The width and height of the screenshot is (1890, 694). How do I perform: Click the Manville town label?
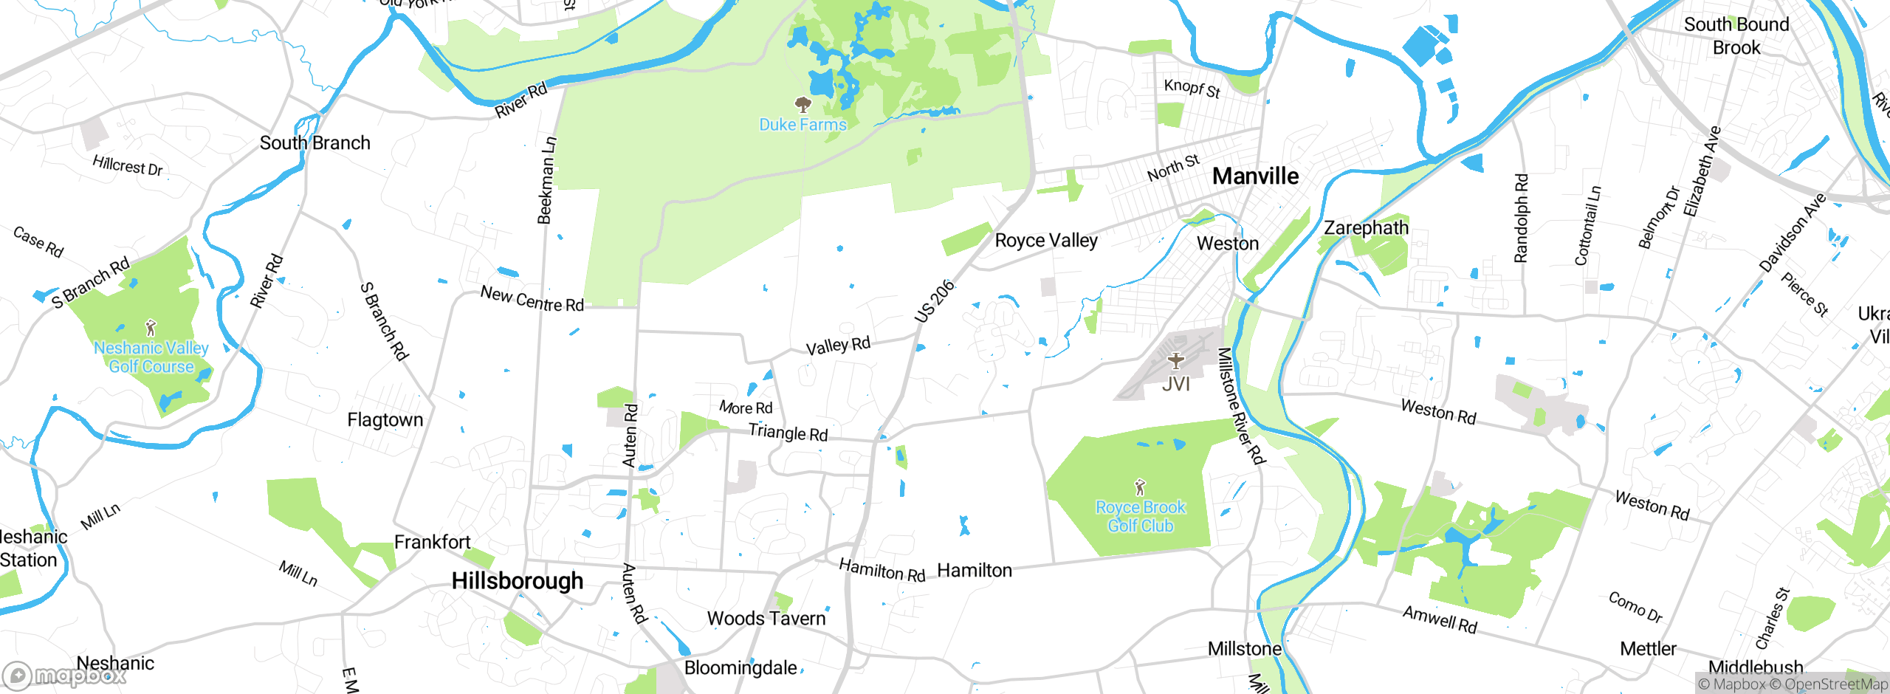point(1255,176)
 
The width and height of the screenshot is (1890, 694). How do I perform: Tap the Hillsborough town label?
point(517,581)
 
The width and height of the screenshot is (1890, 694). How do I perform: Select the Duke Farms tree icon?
point(803,104)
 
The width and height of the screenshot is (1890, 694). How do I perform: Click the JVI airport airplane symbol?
point(1175,361)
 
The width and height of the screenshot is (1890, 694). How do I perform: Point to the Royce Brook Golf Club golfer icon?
point(1140,487)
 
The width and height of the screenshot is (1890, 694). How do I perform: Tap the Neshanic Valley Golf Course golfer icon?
point(151,327)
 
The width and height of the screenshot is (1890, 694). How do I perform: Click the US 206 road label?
point(934,302)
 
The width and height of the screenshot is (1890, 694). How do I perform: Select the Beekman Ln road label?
point(546,180)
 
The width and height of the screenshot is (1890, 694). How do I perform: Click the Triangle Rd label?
point(788,433)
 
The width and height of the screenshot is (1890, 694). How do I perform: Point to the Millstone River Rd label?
point(1240,406)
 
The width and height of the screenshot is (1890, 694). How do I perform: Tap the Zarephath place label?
point(1366,228)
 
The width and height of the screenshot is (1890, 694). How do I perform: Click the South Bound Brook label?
point(1736,35)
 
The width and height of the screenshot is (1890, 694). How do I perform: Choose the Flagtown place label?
point(385,420)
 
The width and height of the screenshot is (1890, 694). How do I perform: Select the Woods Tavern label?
point(766,619)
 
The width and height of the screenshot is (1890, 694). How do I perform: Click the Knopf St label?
point(1192,89)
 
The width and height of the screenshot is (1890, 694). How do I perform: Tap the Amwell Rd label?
point(1440,619)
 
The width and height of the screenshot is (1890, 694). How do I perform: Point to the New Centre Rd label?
point(532,299)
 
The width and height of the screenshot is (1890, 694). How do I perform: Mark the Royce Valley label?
point(1045,241)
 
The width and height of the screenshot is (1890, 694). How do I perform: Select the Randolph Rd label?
point(1521,218)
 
